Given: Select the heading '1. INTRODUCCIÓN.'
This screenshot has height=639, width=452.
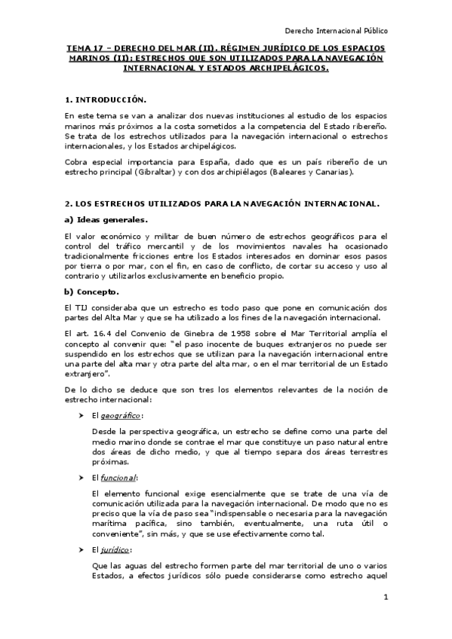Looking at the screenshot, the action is [105, 99].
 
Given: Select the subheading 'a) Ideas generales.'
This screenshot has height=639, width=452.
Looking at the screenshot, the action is [106, 219].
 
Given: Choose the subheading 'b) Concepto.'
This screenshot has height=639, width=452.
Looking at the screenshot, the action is [93, 291].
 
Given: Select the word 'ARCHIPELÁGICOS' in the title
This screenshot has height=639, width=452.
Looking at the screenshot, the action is [283, 68].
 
